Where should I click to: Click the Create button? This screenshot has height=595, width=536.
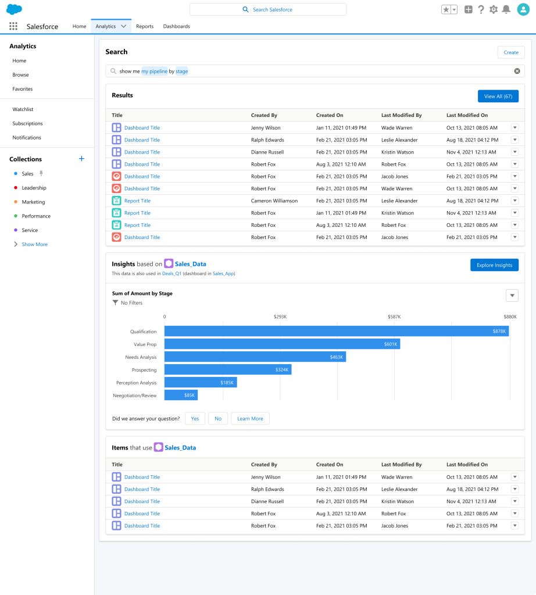pos(510,52)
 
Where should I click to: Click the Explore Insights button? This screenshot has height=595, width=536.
pos(494,265)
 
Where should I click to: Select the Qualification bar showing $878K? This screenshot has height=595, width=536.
pos(337,332)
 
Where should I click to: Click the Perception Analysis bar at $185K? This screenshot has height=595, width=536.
pos(201,383)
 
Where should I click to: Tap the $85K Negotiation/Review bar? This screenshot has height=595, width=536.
pos(181,396)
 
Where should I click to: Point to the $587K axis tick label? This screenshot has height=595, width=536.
pos(394,316)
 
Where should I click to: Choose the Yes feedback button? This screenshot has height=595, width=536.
pos(195,419)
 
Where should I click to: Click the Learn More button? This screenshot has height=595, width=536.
pos(250,419)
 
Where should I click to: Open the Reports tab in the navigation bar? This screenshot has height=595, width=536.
pos(145,26)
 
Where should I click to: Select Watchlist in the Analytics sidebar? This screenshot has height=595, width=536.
pos(23,109)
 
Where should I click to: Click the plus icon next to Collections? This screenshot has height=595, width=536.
pos(81,159)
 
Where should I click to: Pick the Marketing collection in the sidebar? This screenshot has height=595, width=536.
pos(33,202)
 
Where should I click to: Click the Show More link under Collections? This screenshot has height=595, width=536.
pos(34,244)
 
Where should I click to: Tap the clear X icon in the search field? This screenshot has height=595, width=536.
pos(517,71)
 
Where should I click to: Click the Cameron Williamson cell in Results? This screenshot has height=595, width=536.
pos(274,201)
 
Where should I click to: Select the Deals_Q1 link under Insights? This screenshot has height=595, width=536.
pos(171,273)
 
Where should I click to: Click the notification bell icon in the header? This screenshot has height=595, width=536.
pos(506,9)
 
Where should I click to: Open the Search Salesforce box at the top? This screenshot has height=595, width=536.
pos(267,9)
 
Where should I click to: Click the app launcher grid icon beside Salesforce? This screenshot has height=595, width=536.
pos(13,26)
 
